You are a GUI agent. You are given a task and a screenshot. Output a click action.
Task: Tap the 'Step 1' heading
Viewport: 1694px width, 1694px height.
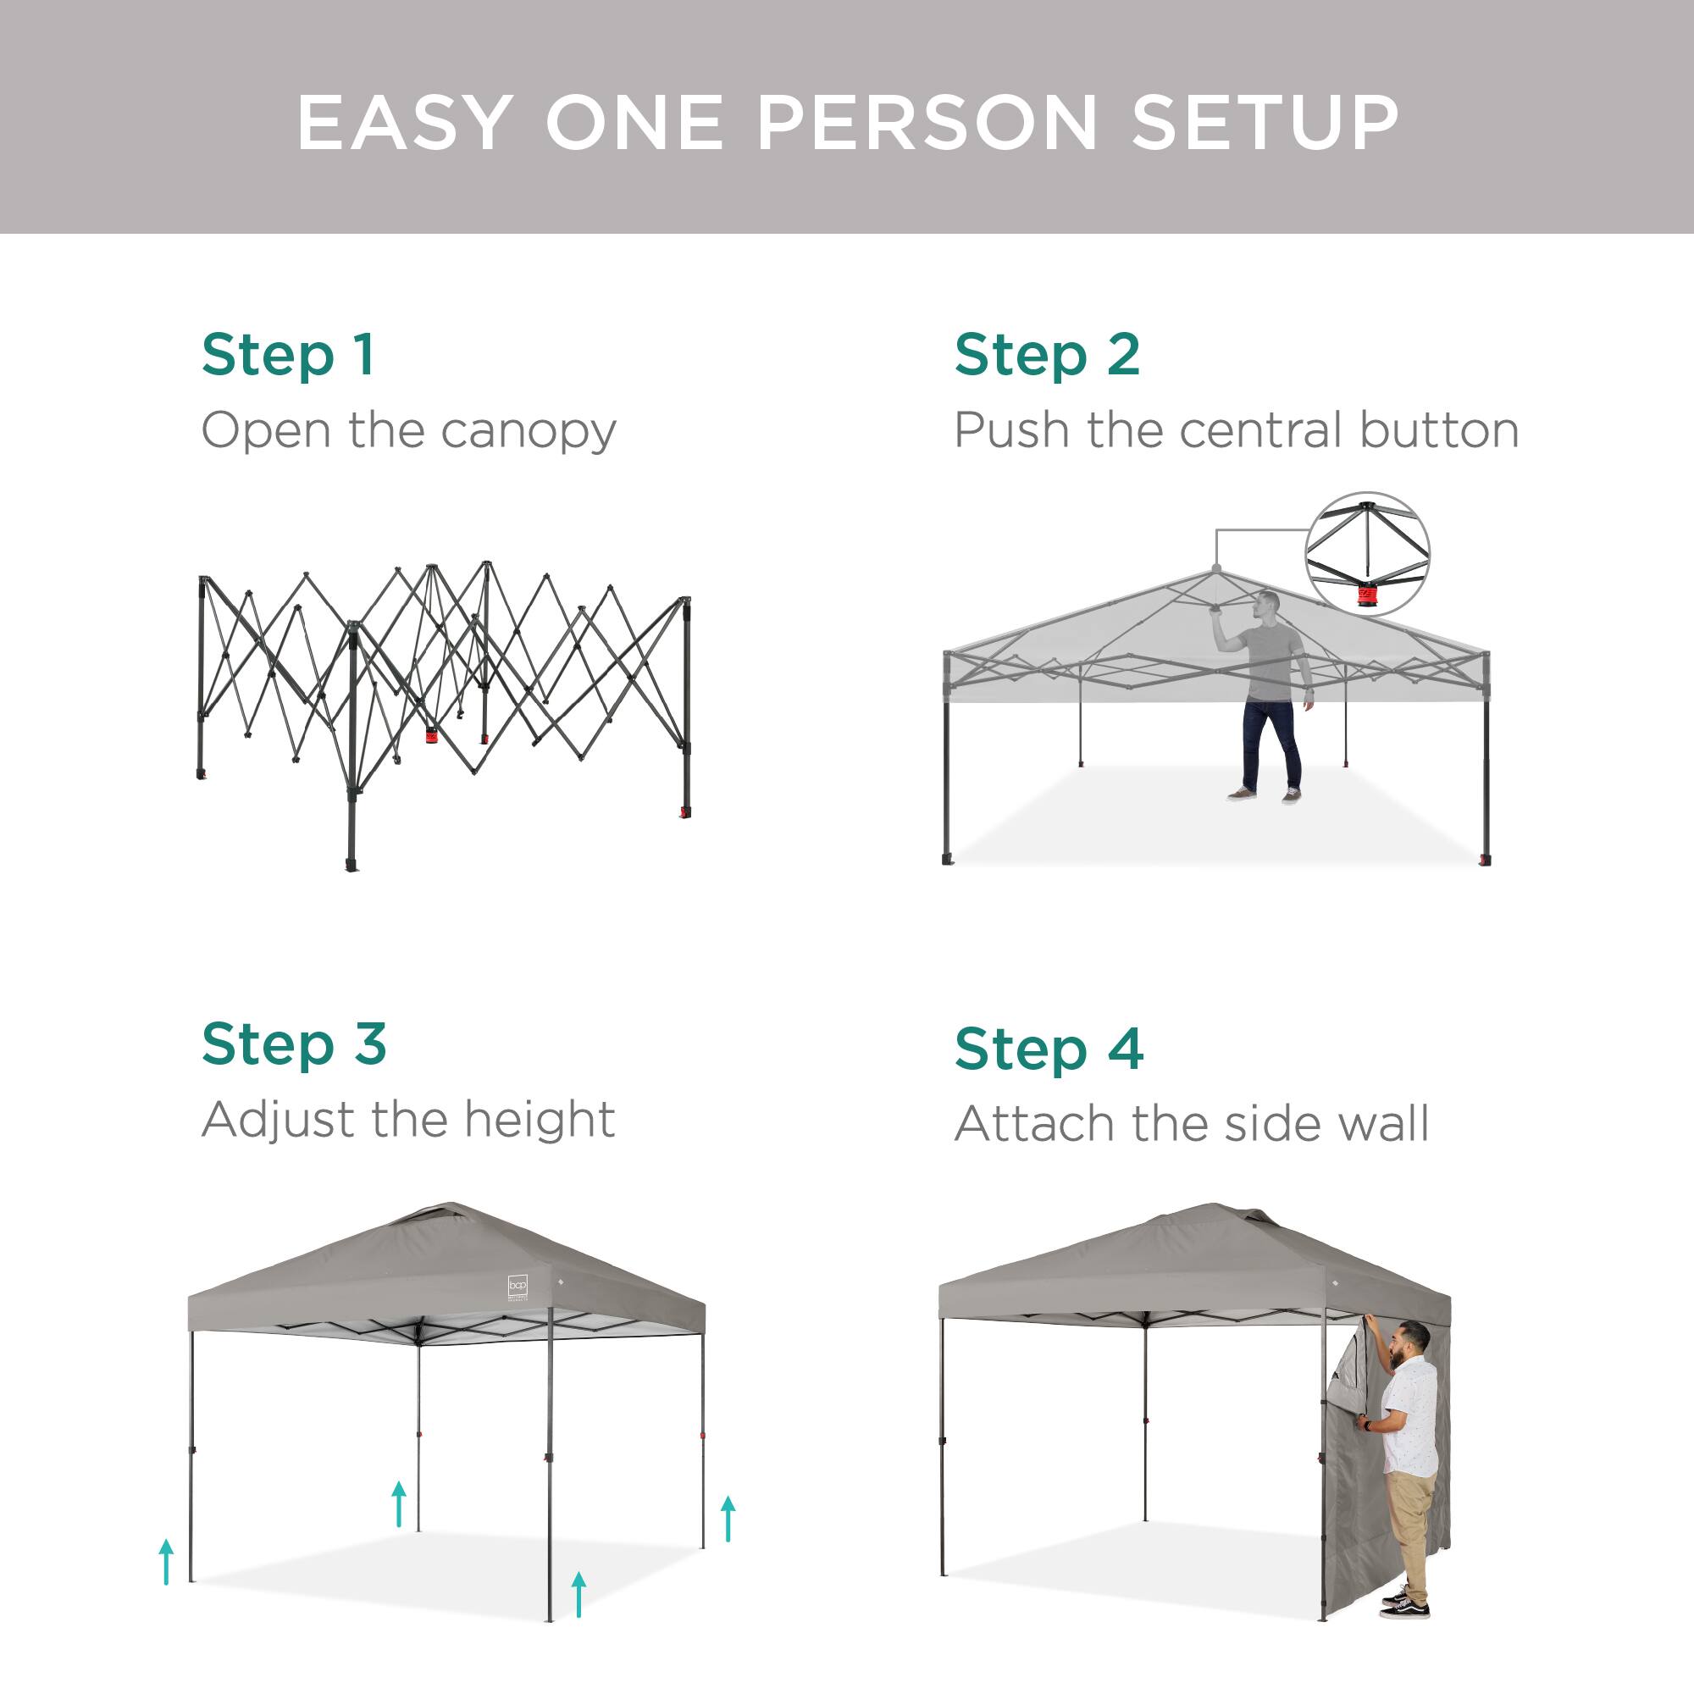pyautogui.click(x=289, y=355)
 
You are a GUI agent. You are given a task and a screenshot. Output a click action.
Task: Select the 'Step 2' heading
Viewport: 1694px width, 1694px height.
pyautogui.click(x=1047, y=355)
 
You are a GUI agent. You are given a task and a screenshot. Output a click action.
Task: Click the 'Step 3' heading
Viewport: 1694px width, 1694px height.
pyautogui.click(x=294, y=1044)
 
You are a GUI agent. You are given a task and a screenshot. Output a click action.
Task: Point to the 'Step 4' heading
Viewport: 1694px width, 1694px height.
pyautogui.click(x=1049, y=1049)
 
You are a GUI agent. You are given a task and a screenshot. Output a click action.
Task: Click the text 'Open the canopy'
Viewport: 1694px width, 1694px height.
pyautogui.click(x=408, y=430)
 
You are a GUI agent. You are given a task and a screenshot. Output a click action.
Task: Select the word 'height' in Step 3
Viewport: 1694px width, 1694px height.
pyautogui.click(x=540, y=1120)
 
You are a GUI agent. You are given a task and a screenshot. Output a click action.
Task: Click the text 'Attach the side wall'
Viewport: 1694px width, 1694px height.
pyautogui.click(x=1191, y=1124)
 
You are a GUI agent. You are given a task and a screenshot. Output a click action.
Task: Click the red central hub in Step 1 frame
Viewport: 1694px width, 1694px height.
pyautogui.click(x=431, y=736)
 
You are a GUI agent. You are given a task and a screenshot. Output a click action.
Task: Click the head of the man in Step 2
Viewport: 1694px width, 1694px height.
pyautogui.click(x=1267, y=604)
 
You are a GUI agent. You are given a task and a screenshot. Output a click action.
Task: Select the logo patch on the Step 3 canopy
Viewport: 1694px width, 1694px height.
pyautogui.click(x=518, y=1287)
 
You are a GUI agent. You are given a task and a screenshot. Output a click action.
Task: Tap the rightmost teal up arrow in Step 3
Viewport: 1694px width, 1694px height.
pyautogui.click(x=728, y=1519)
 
